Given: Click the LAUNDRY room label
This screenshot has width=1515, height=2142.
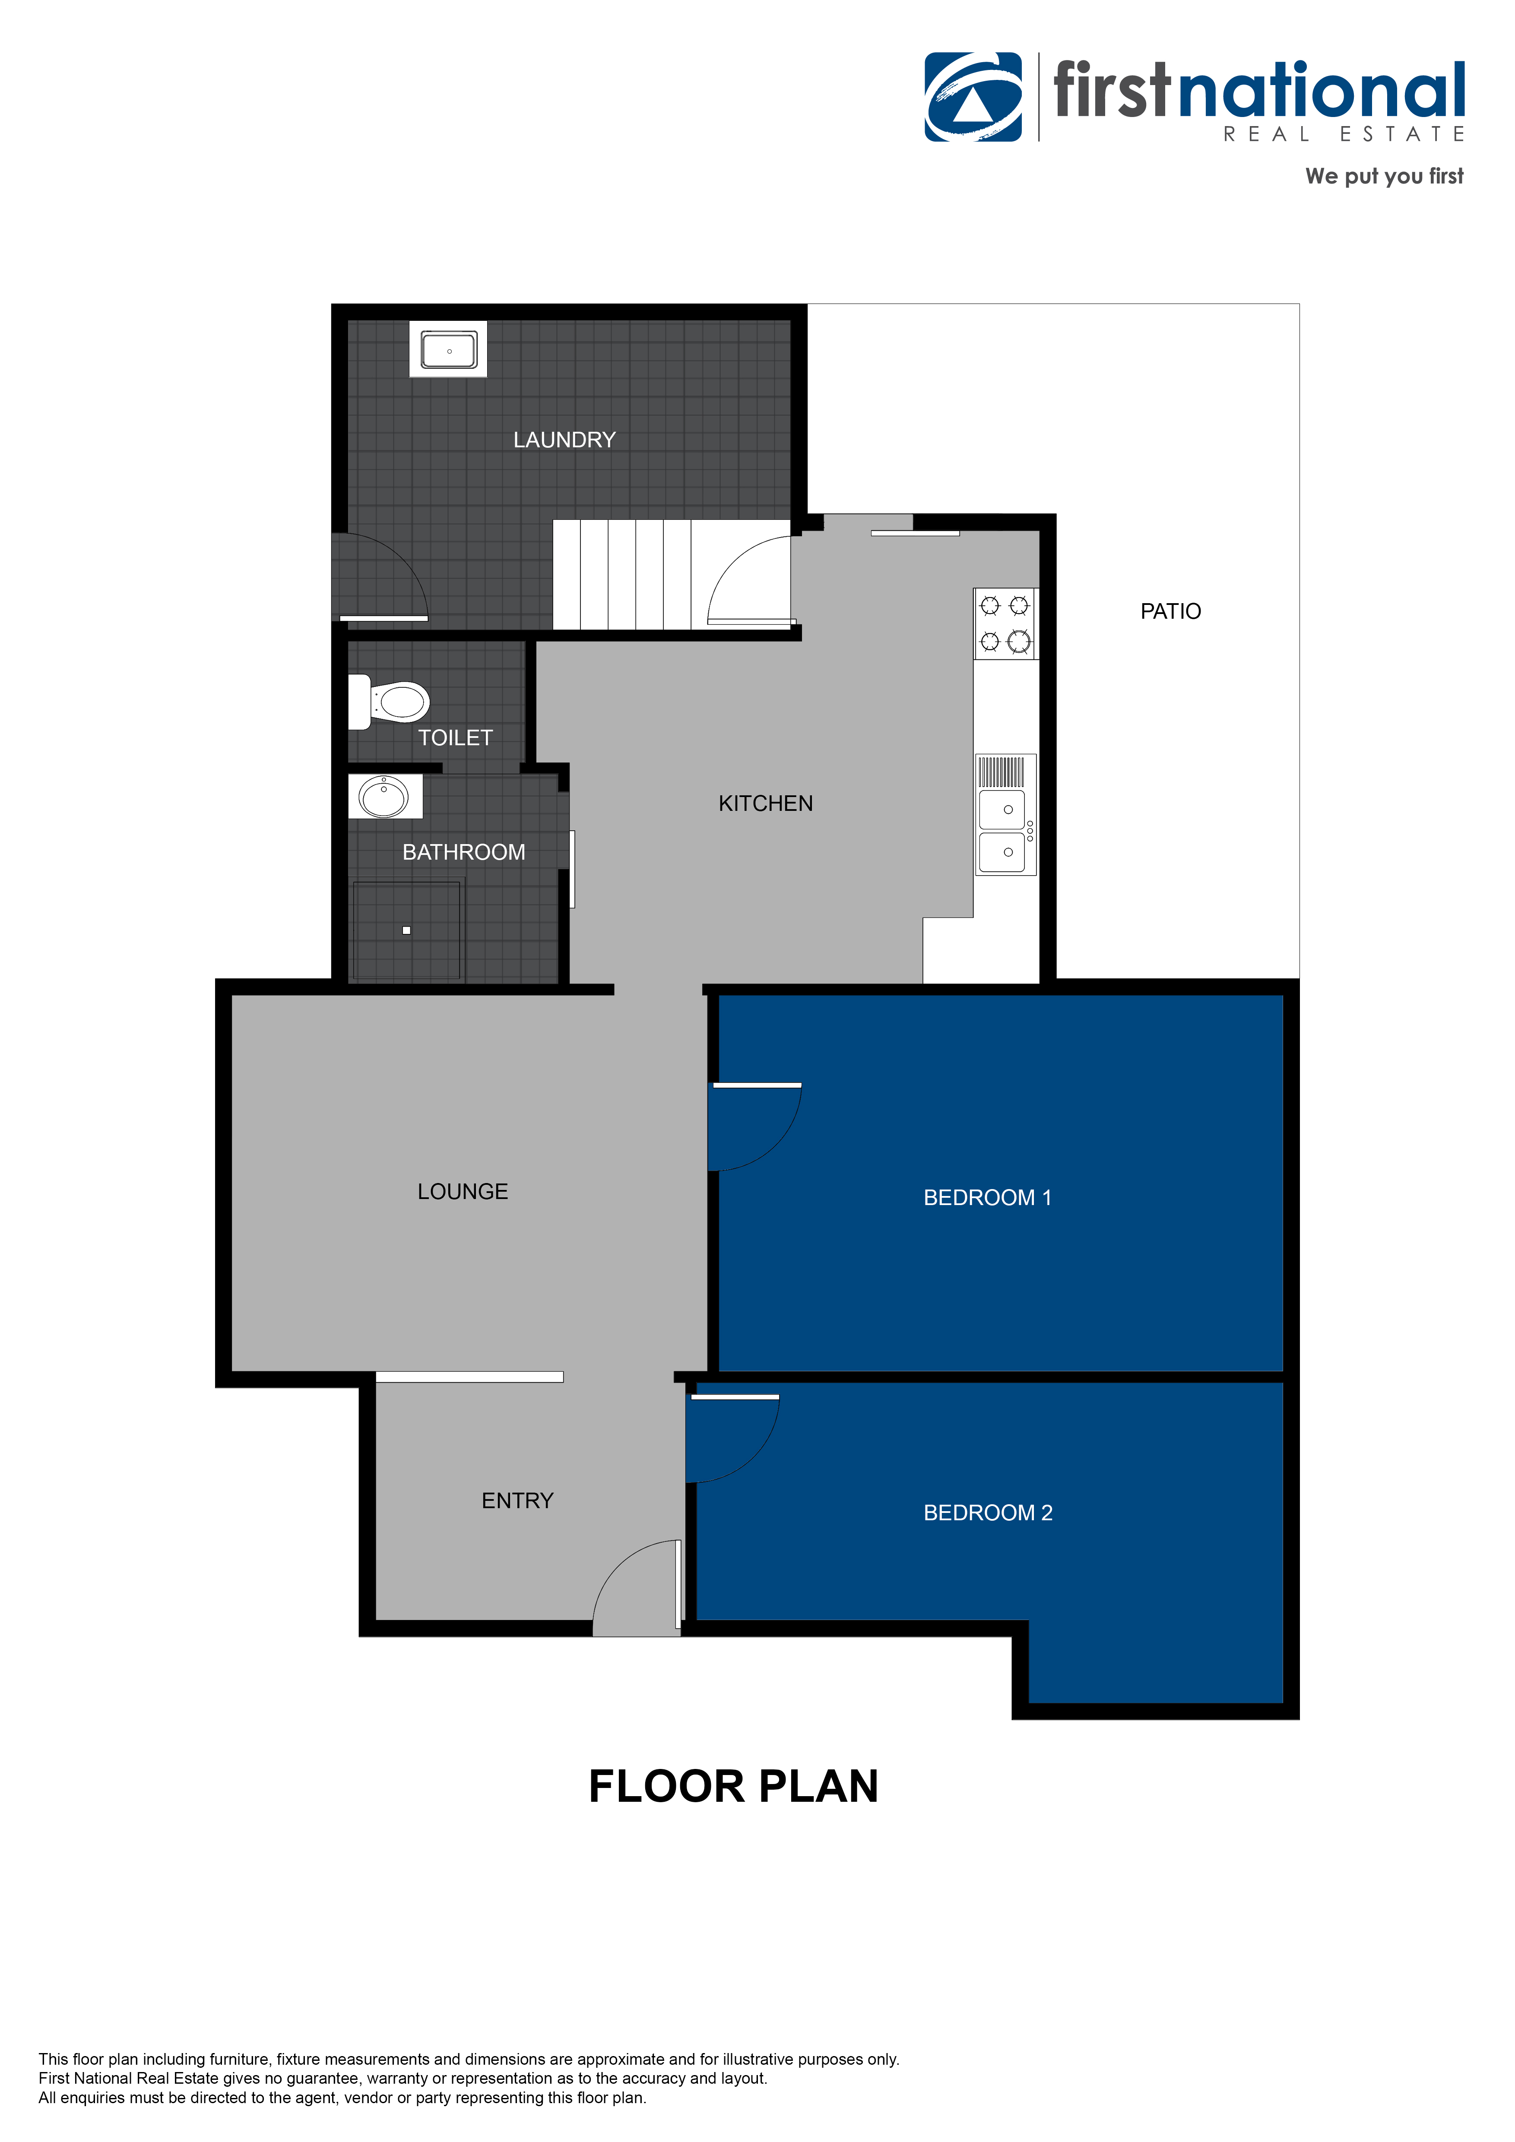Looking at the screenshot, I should click(564, 440).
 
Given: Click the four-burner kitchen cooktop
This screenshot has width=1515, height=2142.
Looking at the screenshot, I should click(1005, 623).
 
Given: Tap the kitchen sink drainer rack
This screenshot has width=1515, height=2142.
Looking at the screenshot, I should click(1001, 772).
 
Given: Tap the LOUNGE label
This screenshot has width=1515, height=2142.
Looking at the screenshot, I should click(463, 1191).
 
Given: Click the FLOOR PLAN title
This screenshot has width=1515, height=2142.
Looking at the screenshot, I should click(733, 1787).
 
